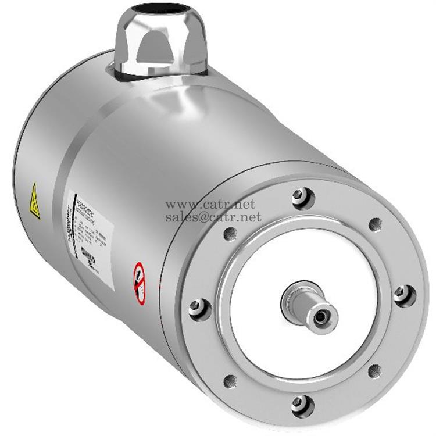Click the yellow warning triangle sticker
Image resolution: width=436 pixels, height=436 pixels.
[x=35, y=201]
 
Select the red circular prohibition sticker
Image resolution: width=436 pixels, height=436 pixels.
[x=139, y=283]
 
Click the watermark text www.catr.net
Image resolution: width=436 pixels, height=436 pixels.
[x=210, y=205]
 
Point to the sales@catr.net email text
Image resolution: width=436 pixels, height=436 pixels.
[x=213, y=217]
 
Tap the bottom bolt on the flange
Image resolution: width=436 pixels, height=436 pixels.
[x=302, y=403]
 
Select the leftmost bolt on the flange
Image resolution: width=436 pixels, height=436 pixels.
[x=199, y=306]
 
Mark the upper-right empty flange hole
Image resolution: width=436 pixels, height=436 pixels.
[x=376, y=224]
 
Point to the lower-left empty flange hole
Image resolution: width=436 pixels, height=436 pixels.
[x=230, y=381]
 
